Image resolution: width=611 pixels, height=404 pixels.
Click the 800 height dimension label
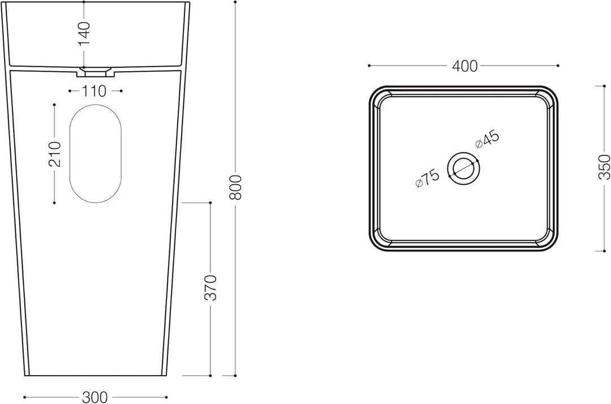[x=235, y=187]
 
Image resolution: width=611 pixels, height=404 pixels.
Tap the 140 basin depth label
[x=84, y=33]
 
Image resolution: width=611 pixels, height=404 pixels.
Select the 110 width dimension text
[x=94, y=91]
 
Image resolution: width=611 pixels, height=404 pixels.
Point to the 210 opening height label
[x=54, y=154]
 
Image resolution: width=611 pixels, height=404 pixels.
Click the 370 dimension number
[x=210, y=288]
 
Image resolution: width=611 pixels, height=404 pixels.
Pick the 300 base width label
[x=94, y=397]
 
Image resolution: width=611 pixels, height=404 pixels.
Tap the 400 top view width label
[x=464, y=66]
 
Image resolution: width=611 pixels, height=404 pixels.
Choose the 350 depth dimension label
[x=604, y=167]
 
